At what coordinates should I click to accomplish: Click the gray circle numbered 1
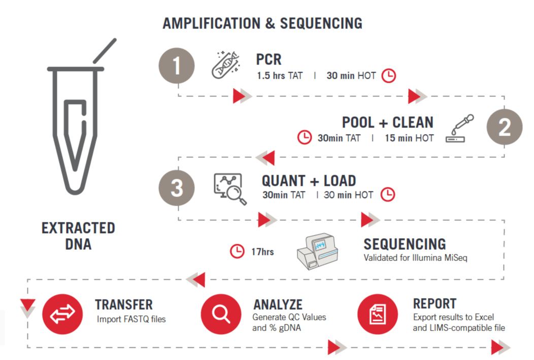[177, 66]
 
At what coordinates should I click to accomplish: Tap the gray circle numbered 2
[505, 127]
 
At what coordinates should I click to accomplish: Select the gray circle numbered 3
[177, 188]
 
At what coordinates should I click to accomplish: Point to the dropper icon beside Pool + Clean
[460, 128]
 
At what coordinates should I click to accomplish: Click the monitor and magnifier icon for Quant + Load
[230, 189]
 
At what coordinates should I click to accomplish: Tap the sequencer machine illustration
[317, 251]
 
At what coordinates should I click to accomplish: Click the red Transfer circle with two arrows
[62, 314]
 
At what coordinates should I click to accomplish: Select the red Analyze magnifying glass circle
[221, 314]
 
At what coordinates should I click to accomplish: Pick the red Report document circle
[378, 314]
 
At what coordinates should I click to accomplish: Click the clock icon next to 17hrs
[237, 251]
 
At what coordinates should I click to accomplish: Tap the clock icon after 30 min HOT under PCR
[389, 76]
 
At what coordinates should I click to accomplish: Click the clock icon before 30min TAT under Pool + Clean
[305, 137]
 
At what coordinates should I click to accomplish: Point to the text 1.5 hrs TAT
[280, 76]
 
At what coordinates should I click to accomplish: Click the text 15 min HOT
[409, 138]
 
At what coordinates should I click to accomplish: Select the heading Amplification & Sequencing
[262, 23]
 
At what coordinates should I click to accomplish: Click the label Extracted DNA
[78, 236]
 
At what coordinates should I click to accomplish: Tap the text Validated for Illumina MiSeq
[416, 258]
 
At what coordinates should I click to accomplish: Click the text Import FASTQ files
[131, 319]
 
